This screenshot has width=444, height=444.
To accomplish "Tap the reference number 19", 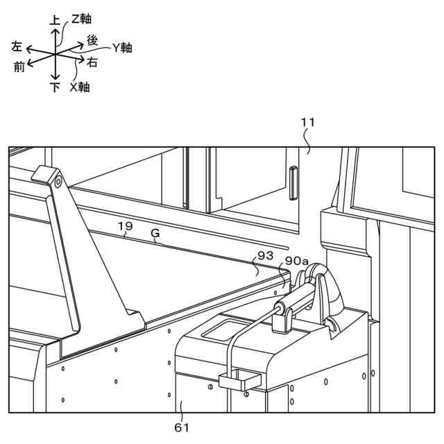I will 125,225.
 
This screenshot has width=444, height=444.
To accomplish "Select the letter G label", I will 156,236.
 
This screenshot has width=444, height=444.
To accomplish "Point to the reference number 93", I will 266,255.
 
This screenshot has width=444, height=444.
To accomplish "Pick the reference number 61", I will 182,427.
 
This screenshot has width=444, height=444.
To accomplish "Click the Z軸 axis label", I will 83,21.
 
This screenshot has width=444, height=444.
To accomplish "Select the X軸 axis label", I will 80,87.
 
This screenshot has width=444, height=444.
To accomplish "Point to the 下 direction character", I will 55,87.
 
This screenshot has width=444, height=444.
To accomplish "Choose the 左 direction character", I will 17,46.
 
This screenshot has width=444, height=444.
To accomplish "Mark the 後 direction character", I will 92,40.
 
